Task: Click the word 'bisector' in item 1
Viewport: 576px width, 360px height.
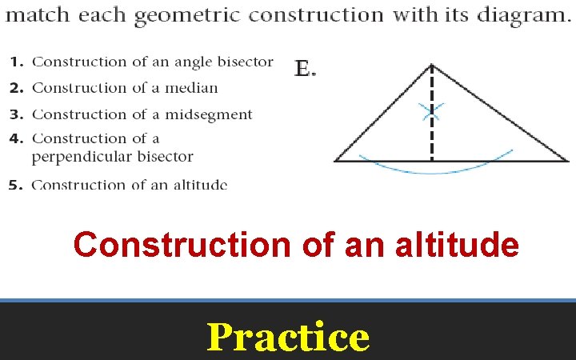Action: click(243, 62)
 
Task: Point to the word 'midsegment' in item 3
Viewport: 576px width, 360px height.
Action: click(209, 115)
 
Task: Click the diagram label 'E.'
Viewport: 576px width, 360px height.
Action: click(305, 70)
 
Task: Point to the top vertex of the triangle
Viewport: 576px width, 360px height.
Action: click(432, 64)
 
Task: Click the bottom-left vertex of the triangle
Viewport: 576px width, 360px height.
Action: click(334, 161)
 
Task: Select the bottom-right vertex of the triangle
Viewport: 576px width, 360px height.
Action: click(569, 161)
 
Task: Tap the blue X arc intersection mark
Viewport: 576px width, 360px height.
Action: click(433, 112)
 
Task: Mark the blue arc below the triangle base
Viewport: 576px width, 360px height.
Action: click(432, 171)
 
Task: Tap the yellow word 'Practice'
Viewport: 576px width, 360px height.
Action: click(288, 337)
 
